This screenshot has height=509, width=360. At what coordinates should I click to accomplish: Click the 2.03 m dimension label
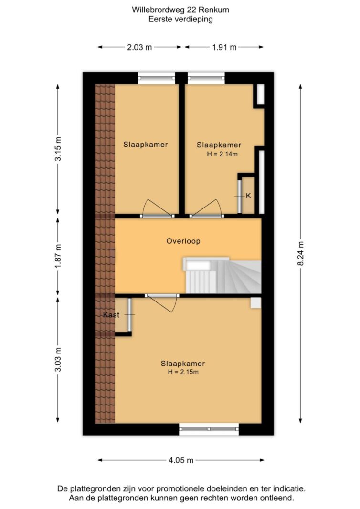click(x=139, y=47)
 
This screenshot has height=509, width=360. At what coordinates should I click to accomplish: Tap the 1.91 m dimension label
click(x=224, y=47)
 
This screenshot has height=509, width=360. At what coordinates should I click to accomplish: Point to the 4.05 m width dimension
click(x=181, y=460)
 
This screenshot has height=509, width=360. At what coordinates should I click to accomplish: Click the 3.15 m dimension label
click(x=58, y=149)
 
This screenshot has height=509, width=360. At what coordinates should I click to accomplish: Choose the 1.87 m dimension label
click(x=58, y=256)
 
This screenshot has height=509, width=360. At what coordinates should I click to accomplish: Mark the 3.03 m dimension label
click(x=58, y=360)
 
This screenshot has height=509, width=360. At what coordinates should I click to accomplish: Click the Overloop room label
click(x=183, y=241)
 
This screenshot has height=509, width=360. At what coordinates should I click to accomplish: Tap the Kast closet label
click(x=111, y=314)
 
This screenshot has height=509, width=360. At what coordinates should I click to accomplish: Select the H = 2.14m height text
click(x=222, y=154)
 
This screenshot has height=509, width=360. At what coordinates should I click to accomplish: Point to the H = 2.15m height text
click(x=183, y=372)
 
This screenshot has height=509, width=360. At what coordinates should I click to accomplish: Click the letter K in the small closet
click(x=249, y=196)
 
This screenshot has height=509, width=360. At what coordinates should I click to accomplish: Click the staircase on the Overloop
click(x=222, y=275)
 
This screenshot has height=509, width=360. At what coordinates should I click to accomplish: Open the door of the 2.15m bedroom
click(x=162, y=303)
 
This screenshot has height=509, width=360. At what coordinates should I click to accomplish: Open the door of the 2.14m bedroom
click(x=207, y=208)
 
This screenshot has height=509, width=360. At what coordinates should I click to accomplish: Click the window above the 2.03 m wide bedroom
click(x=157, y=78)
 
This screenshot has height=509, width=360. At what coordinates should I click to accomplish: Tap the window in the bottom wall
click(x=209, y=429)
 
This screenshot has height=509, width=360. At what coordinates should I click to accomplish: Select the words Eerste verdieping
click(x=180, y=19)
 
